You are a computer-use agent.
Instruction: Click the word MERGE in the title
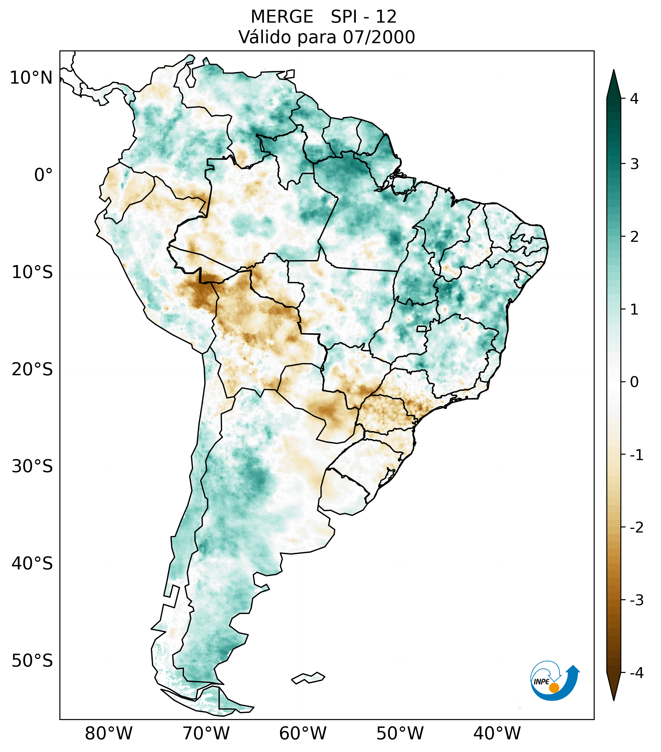[281, 17]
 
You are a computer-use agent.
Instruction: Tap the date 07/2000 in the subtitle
[379, 37]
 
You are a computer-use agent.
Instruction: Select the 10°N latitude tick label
[31, 78]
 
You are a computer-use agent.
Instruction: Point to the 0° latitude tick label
[43, 175]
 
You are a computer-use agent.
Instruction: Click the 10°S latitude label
[32, 272]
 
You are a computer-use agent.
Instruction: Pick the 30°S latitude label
[32, 466]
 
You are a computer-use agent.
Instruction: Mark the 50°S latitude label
[32, 661]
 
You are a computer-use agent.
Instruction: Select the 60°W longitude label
[303, 733]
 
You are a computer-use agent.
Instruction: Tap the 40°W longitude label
[497, 733]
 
